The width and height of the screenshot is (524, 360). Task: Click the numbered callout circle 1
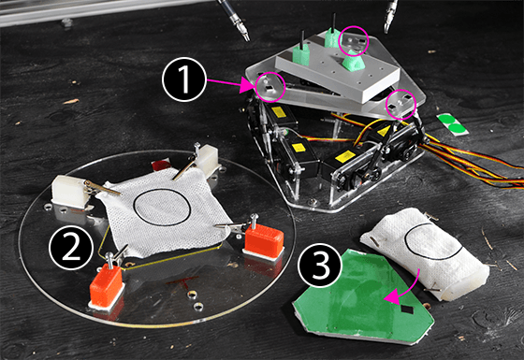tap(183, 80)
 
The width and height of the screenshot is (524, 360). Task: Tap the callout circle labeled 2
tap(71, 248)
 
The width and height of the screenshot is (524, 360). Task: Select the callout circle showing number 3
tap(320, 265)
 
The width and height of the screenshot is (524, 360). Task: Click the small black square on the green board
tap(407, 310)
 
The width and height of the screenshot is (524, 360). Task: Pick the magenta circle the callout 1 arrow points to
tap(270, 87)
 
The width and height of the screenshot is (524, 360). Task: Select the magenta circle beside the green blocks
tap(354, 41)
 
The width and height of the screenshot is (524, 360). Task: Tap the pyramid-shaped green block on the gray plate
tap(354, 60)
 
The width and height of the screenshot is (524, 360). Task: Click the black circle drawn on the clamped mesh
tap(162, 208)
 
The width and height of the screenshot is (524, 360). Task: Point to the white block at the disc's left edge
tap(70, 191)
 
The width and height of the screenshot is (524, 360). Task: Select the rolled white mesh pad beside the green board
tap(425, 252)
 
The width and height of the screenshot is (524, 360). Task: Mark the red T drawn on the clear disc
tap(182, 282)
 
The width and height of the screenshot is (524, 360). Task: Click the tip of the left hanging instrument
tap(247, 39)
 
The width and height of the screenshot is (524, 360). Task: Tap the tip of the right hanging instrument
tap(386, 32)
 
